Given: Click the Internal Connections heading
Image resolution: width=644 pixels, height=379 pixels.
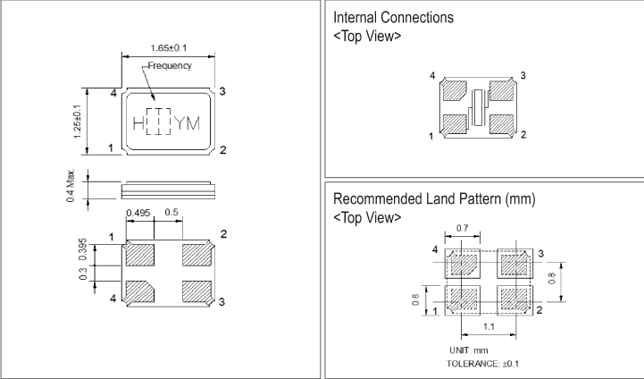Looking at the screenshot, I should (390, 18).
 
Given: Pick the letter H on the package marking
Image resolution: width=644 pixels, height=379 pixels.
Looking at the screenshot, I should (138, 122).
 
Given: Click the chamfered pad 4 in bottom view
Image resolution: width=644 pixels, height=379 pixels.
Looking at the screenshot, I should (141, 291).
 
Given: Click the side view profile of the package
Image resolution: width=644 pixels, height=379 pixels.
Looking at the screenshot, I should (166, 188).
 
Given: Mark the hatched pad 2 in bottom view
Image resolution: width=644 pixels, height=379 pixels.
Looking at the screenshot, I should (197, 253).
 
